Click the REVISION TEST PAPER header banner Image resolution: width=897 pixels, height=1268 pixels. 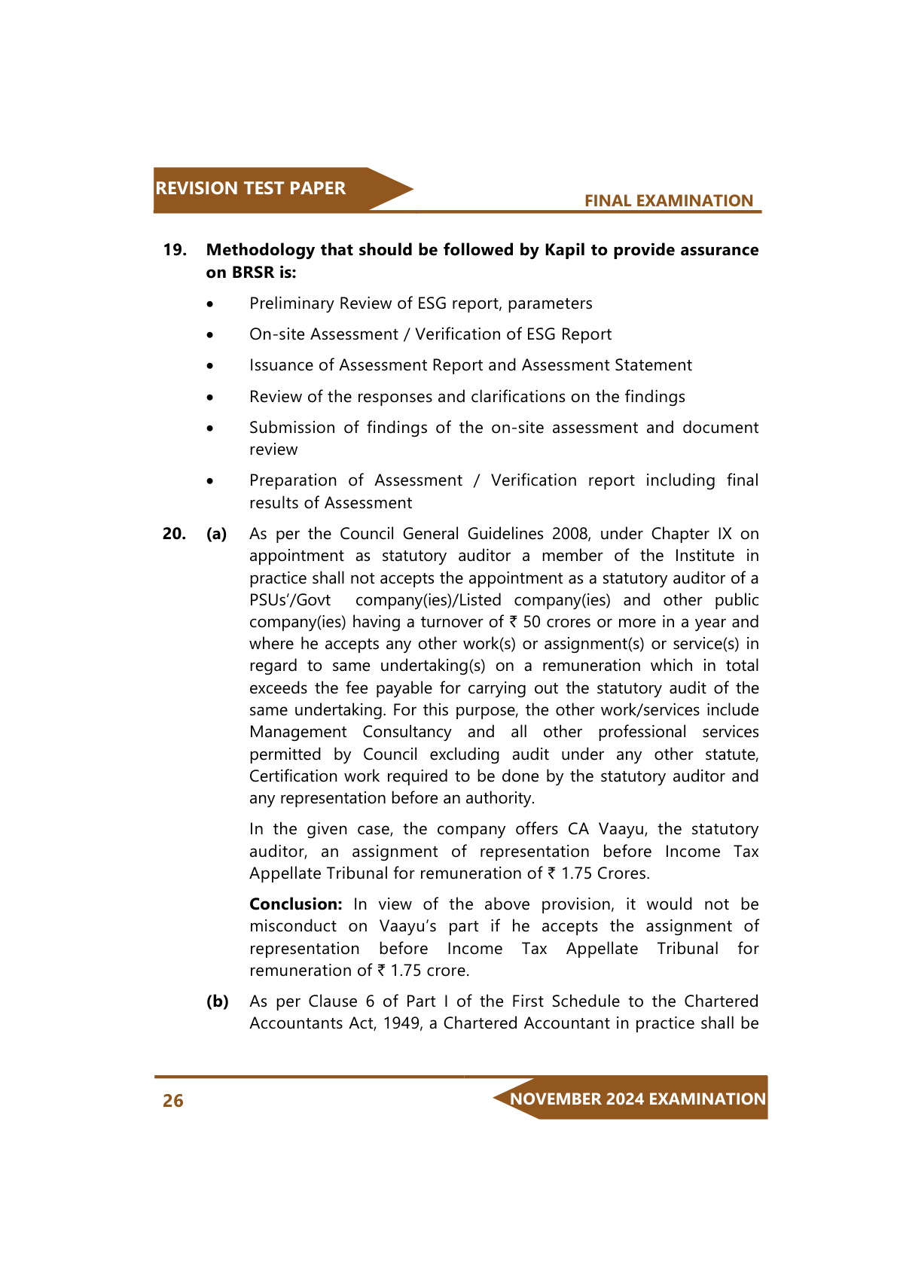click(x=251, y=188)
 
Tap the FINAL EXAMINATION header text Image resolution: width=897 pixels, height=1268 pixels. click(x=668, y=201)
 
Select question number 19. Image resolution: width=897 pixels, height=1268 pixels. click(x=175, y=250)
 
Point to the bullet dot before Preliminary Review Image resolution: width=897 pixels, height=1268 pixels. click(x=211, y=304)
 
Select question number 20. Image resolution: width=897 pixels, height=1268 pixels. click(x=174, y=534)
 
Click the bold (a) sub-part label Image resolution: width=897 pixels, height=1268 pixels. click(x=217, y=534)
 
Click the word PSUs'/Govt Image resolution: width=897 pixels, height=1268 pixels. click(x=290, y=600)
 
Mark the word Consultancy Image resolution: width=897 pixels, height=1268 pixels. click(x=407, y=732)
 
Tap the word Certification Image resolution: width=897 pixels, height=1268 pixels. click(x=294, y=776)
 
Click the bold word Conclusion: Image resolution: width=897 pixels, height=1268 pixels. click(x=295, y=904)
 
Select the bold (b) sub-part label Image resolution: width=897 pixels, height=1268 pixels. click(x=218, y=1001)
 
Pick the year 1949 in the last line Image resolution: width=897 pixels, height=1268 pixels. click(x=401, y=1023)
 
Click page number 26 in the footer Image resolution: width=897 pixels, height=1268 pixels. click(x=173, y=1101)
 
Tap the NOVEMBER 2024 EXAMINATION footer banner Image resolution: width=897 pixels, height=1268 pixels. click(x=637, y=1099)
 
